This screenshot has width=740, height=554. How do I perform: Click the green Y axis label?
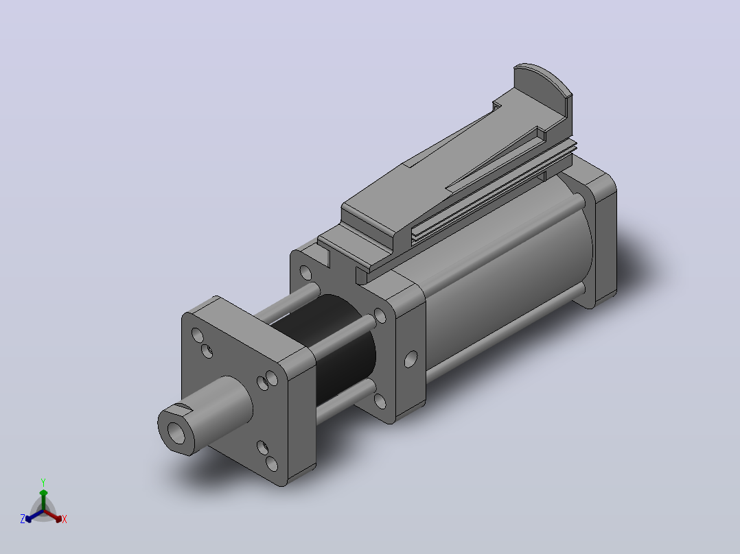pos(43,482)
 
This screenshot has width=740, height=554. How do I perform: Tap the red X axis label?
pos(65,519)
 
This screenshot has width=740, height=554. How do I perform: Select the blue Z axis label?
pos(23,519)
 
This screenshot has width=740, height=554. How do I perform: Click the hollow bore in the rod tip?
pos(176,433)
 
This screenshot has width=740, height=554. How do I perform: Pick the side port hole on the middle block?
pos(411,359)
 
